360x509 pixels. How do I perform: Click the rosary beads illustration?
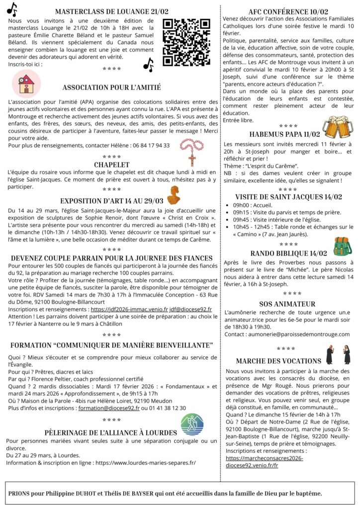point(191,151)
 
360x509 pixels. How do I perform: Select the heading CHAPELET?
point(111,165)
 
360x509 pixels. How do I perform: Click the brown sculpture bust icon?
point(174,195)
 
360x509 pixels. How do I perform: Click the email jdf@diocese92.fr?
point(190,309)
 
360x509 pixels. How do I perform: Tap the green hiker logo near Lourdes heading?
point(191,424)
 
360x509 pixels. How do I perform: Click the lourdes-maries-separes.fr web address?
point(146,462)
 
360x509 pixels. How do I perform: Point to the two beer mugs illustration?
point(338,127)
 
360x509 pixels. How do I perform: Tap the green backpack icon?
point(342,246)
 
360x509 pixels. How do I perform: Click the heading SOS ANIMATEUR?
point(287,304)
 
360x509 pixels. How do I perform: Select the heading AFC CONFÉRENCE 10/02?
point(288,11)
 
